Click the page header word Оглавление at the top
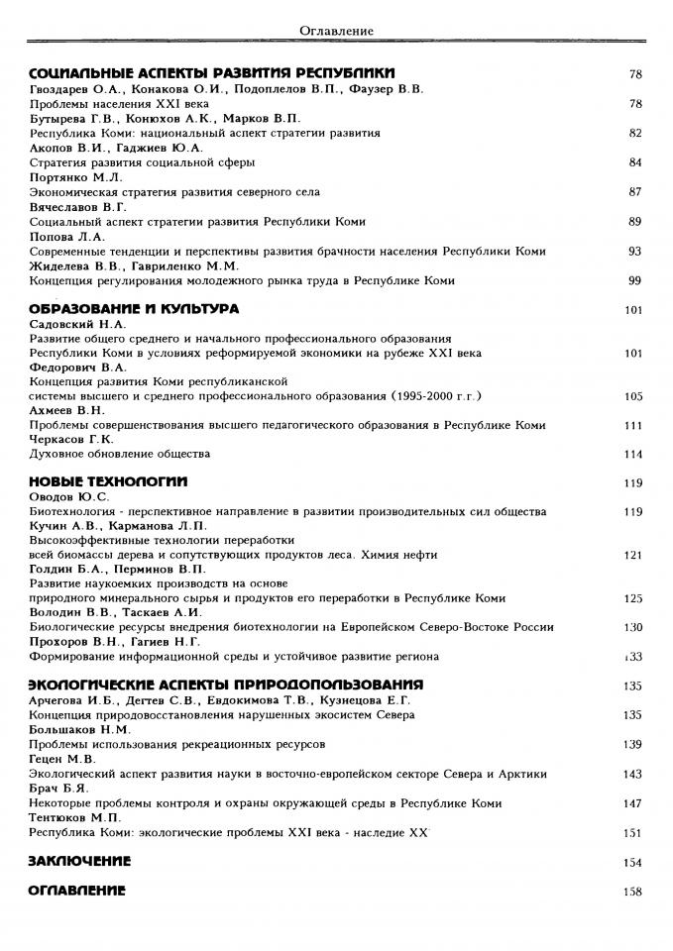336,31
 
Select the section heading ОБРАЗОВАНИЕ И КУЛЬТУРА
133,309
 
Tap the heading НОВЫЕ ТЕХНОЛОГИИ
108,482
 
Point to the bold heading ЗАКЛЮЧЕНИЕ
79,861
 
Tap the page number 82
634,133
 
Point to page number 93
634,251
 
